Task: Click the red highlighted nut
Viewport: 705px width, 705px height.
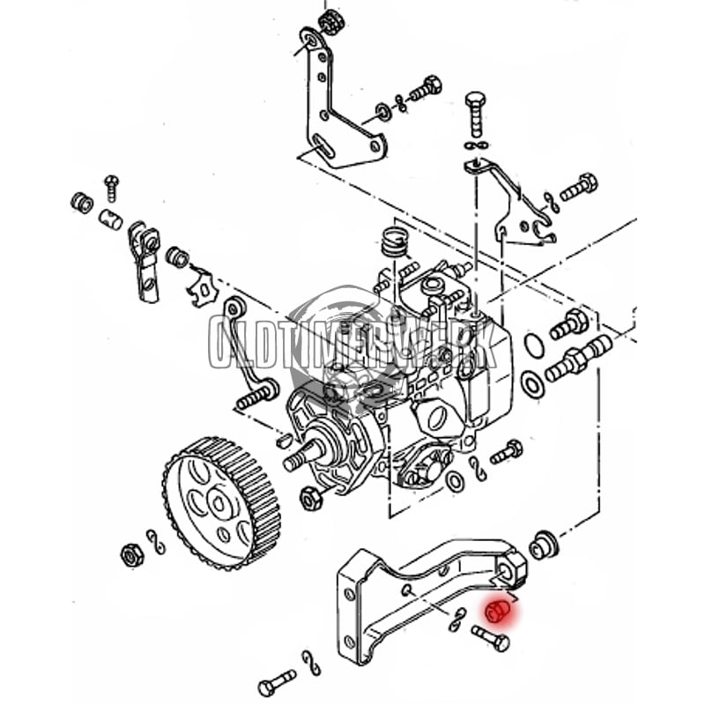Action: pyautogui.click(x=497, y=610)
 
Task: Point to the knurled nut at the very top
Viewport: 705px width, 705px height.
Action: pyautogui.click(x=331, y=22)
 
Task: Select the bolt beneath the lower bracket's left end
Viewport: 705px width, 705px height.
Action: pyautogui.click(x=277, y=682)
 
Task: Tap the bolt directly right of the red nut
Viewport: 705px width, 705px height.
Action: pyautogui.click(x=491, y=637)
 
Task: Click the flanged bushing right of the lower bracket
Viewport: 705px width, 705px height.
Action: pyautogui.click(x=545, y=544)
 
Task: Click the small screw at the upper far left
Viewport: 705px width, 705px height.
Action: pyautogui.click(x=111, y=186)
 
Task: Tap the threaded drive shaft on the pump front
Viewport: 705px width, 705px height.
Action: pyautogui.click(x=299, y=458)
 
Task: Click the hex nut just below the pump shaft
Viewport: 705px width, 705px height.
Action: pyautogui.click(x=310, y=499)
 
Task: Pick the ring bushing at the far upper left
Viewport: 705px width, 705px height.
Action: pyautogui.click(x=82, y=203)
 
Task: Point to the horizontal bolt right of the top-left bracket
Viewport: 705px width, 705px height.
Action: pyautogui.click(x=425, y=89)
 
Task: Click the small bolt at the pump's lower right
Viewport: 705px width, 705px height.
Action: pyautogui.click(x=507, y=452)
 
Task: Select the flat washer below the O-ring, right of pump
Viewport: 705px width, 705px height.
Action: pyautogui.click(x=532, y=383)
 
